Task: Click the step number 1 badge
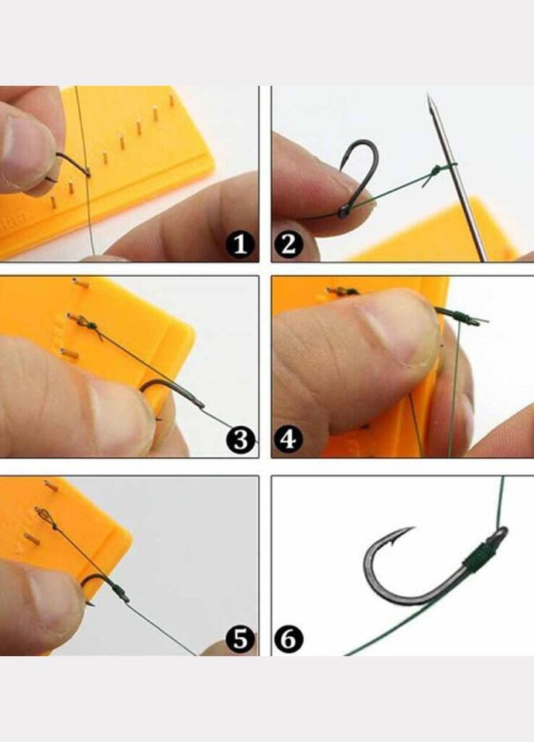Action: pyautogui.click(x=240, y=243)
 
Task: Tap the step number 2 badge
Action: pyautogui.click(x=288, y=243)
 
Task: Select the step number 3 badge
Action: pyautogui.click(x=241, y=439)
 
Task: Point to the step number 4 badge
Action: pyautogui.click(x=288, y=439)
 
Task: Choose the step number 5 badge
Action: pyautogui.click(x=241, y=639)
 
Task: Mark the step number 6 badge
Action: pyautogui.click(x=288, y=639)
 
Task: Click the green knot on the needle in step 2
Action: pyautogui.click(x=436, y=169)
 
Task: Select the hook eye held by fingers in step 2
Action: pyautogui.click(x=342, y=213)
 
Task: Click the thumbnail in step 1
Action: pyautogui.click(x=29, y=152)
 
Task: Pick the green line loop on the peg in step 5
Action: pyautogui.click(x=43, y=516)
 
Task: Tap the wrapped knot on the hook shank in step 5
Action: pyautogui.click(x=121, y=591)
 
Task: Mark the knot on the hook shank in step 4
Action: pyautogui.click(x=460, y=315)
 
